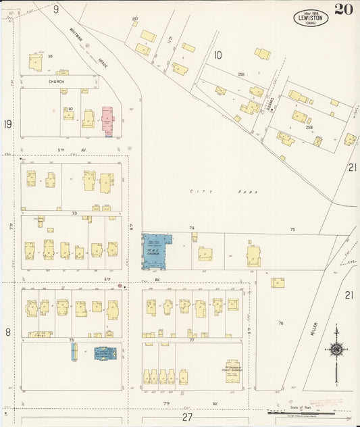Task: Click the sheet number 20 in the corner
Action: (x=343, y=9)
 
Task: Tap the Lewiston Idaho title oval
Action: (x=311, y=18)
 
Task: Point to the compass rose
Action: (x=336, y=349)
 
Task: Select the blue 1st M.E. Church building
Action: (x=155, y=251)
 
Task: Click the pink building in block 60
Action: (x=107, y=120)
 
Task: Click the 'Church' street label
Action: (x=57, y=81)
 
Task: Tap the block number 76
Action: (x=280, y=324)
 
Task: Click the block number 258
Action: (x=240, y=74)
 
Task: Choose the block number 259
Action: (x=309, y=127)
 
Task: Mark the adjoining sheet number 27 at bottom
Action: (x=187, y=418)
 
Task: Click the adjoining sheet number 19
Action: (x=7, y=124)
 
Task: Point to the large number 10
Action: (x=217, y=55)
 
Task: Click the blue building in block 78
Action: (x=104, y=353)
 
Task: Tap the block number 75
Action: (x=292, y=230)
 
